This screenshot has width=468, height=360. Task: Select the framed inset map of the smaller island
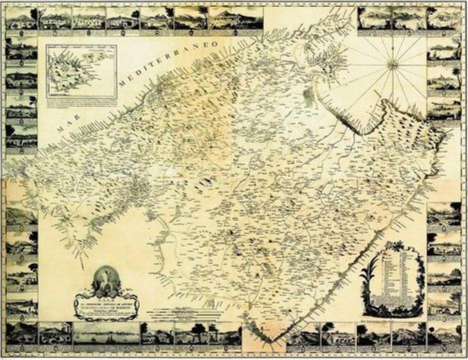tap(81, 71)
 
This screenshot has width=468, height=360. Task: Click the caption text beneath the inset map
tap(81, 104)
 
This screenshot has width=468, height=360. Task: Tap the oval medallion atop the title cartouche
tap(105, 278)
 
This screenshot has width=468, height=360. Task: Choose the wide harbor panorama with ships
tap(106, 334)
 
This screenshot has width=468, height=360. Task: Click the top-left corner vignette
tap(21, 19)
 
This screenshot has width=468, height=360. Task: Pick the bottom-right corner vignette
tap(444, 334)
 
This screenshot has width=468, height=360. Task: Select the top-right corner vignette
tap(444, 19)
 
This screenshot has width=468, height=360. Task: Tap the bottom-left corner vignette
tap(21, 334)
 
